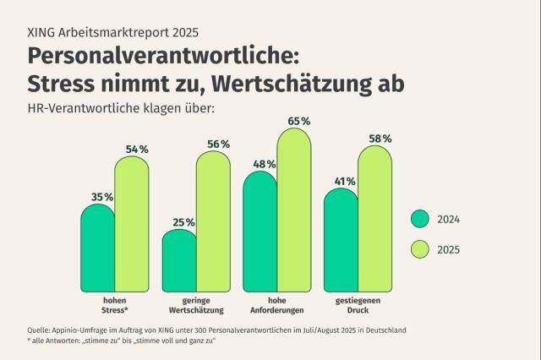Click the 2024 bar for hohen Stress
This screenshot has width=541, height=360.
pyautogui.click(x=98, y=249)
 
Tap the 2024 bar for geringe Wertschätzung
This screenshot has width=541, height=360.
pyautogui.click(x=179, y=262)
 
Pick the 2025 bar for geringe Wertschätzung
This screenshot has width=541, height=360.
pyautogui.click(x=212, y=224)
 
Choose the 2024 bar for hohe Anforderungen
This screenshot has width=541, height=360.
pyautogui.click(x=260, y=232)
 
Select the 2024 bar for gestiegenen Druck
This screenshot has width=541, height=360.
pyautogui.click(x=341, y=241)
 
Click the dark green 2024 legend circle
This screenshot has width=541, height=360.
pyautogui.click(x=420, y=219)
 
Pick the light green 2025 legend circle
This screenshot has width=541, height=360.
pyautogui.click(x=420, y=249)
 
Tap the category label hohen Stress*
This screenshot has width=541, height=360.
pyautogui.click(x=115, y=304)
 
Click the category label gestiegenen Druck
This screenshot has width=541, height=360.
pyautogui.click(x=358, y=304)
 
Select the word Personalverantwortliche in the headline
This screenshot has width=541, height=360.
pyautogui.click(x=161, y=57)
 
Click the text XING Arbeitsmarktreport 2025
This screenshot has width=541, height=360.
pyautogui.click(x=113, y=33)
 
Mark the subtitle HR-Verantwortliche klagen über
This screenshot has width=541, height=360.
pyautogui.click(x=121, y=107)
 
